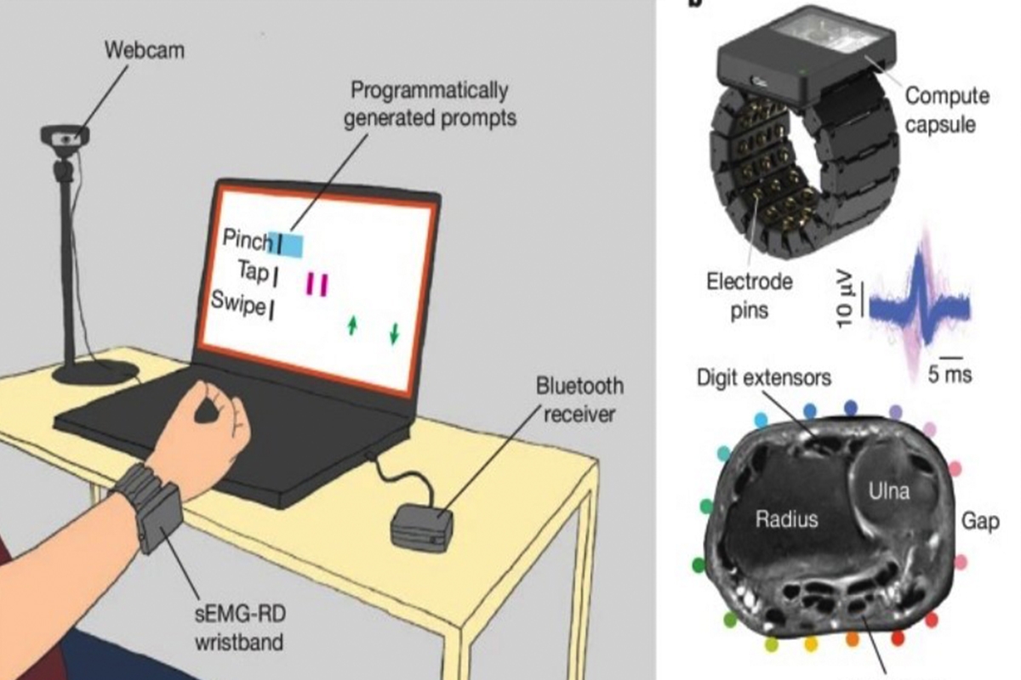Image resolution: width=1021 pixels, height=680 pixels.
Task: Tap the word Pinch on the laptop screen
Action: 247,239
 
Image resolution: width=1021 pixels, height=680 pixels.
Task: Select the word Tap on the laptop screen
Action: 253,273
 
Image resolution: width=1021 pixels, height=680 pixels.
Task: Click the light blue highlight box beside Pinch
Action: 287,243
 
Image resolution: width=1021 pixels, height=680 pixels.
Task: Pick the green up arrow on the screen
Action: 351,325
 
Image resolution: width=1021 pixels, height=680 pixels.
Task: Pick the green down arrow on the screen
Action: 393,334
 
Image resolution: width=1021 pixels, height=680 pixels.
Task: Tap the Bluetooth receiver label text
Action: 579,399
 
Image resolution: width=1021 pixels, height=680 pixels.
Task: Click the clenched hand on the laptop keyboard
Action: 209,421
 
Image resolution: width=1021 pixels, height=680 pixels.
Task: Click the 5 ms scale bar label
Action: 950,373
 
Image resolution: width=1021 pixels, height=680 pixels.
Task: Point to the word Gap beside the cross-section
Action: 980,520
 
